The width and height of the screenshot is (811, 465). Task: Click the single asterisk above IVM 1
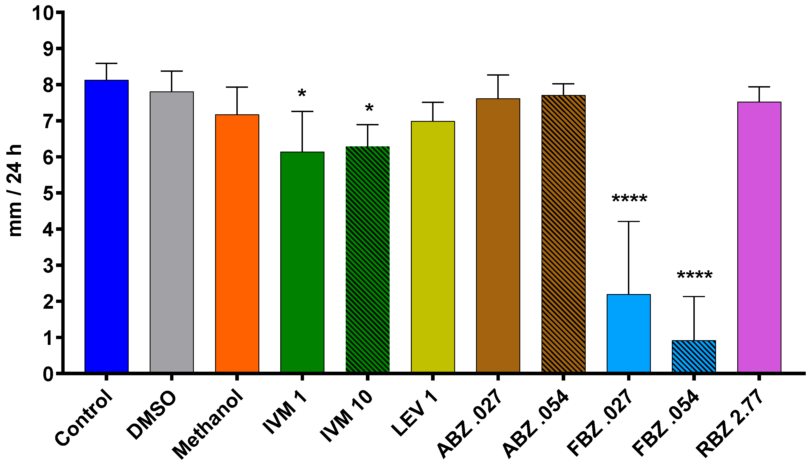click(302, 94)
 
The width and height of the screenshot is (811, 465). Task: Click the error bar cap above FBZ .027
click(629, 221)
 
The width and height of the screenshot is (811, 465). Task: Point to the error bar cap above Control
click(106, 64)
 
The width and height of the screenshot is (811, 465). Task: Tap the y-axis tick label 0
click(49, 374)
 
